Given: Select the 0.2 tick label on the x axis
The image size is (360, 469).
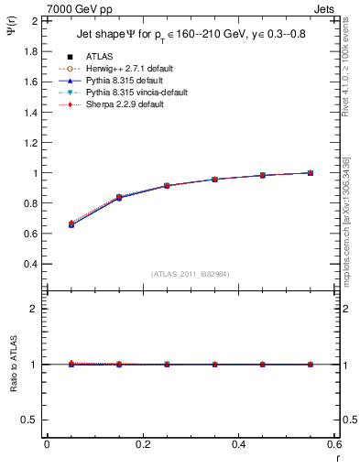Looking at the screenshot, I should click(x=142, y=444).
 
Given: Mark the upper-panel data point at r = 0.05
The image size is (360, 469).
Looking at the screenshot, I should click(x=71, y=224).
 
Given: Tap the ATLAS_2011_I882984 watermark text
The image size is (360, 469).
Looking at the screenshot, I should click(x=191, y=274).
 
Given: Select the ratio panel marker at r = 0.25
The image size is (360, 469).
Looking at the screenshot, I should click(x=167, y=364).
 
